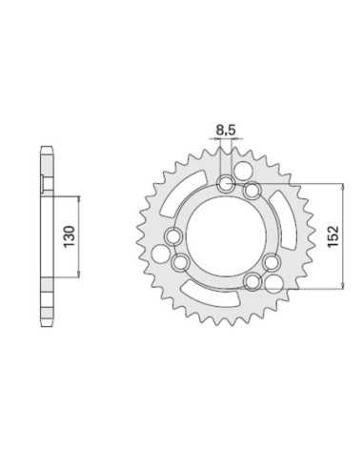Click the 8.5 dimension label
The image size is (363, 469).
point(225,131)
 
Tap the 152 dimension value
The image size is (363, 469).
point(333,236)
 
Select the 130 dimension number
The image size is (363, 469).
point(70,236)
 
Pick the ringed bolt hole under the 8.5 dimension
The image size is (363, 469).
point(226,183)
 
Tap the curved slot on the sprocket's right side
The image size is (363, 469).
point(284,220)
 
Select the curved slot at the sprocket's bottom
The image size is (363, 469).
point(210,295)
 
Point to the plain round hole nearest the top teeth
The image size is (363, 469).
point(244,170)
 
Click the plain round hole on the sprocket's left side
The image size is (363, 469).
point(160,255)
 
